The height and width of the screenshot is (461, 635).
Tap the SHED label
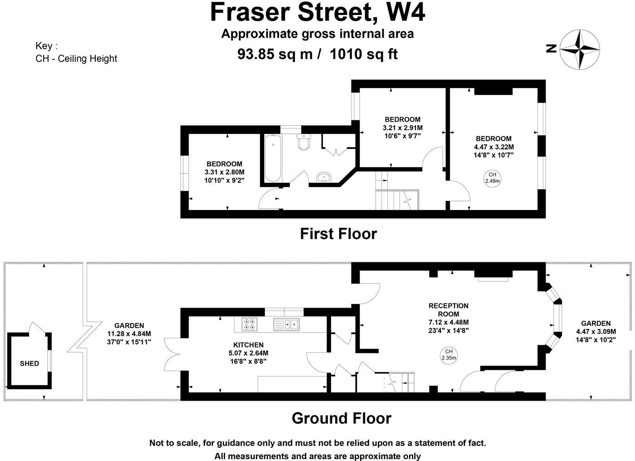29,363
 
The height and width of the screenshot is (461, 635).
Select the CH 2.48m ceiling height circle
492,178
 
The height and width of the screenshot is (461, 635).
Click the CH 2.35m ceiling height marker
449,354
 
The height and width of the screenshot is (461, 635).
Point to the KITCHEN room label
248,345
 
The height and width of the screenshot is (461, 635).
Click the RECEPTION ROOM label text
448,310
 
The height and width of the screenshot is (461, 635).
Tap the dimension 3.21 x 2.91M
402,128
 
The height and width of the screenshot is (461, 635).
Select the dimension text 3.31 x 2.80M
224,172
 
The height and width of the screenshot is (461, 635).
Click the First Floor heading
338,234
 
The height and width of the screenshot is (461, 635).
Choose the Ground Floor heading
341,418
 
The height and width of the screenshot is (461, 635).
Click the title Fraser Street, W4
317,13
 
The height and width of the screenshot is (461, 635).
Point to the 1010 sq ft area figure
363,54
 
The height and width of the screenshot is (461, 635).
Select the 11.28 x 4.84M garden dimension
129,333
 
